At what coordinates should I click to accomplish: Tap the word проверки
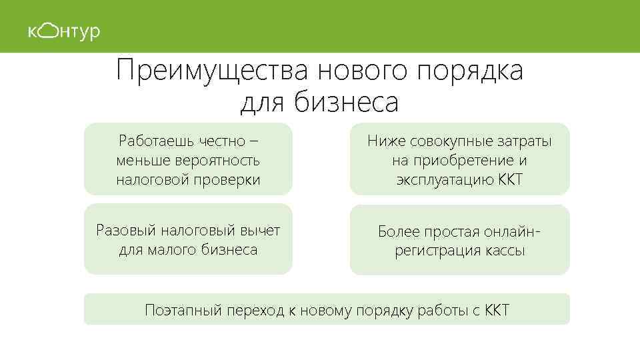coord(227,180)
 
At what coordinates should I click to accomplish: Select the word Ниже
coord(385,141)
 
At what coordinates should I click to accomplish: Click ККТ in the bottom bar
coord(496,311)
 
